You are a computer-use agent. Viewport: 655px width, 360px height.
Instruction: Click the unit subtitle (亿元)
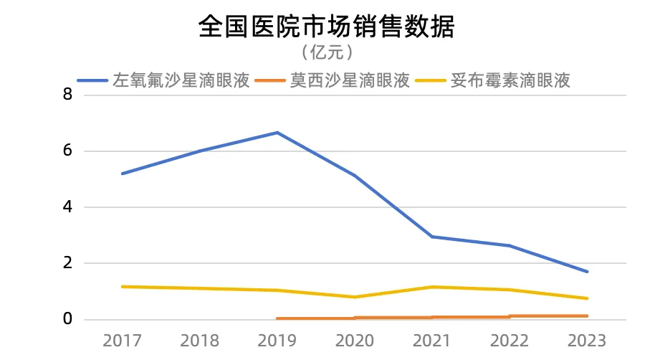click(x=327, y=52)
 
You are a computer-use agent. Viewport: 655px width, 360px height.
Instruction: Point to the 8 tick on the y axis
click(x=68, y=95)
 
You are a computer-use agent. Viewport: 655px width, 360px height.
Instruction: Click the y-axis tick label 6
click(x=68, y=151)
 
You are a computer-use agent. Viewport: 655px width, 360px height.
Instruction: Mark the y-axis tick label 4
click(x=68, y=207)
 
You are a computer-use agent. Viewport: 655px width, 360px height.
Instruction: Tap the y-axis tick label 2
click(x=68, y=263)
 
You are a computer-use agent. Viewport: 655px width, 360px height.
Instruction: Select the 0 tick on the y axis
click(x=68, y=319)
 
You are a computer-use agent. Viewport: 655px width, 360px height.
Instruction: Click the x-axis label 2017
click(x=122, y=340)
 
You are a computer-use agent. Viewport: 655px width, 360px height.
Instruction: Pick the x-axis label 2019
click(x=277, y=340)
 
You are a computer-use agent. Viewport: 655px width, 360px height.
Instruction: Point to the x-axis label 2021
click(x=432, y=340)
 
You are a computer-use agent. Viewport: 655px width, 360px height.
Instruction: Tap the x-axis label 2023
click(x=587, y=340)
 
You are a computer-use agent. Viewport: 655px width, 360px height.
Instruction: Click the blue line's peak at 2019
click(x=277, y=133)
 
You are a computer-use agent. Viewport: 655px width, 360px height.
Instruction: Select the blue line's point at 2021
click(x=432, y=237)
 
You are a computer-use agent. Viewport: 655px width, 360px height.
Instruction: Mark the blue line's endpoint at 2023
click(x=587, y=272)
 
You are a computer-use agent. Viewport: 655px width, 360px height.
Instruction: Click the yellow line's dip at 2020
click(x=355, y=297)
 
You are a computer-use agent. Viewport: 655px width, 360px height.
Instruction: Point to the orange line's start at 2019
click(x=277, y=318)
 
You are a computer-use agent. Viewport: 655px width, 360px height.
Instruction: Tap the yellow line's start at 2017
click(x=123, y=287)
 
